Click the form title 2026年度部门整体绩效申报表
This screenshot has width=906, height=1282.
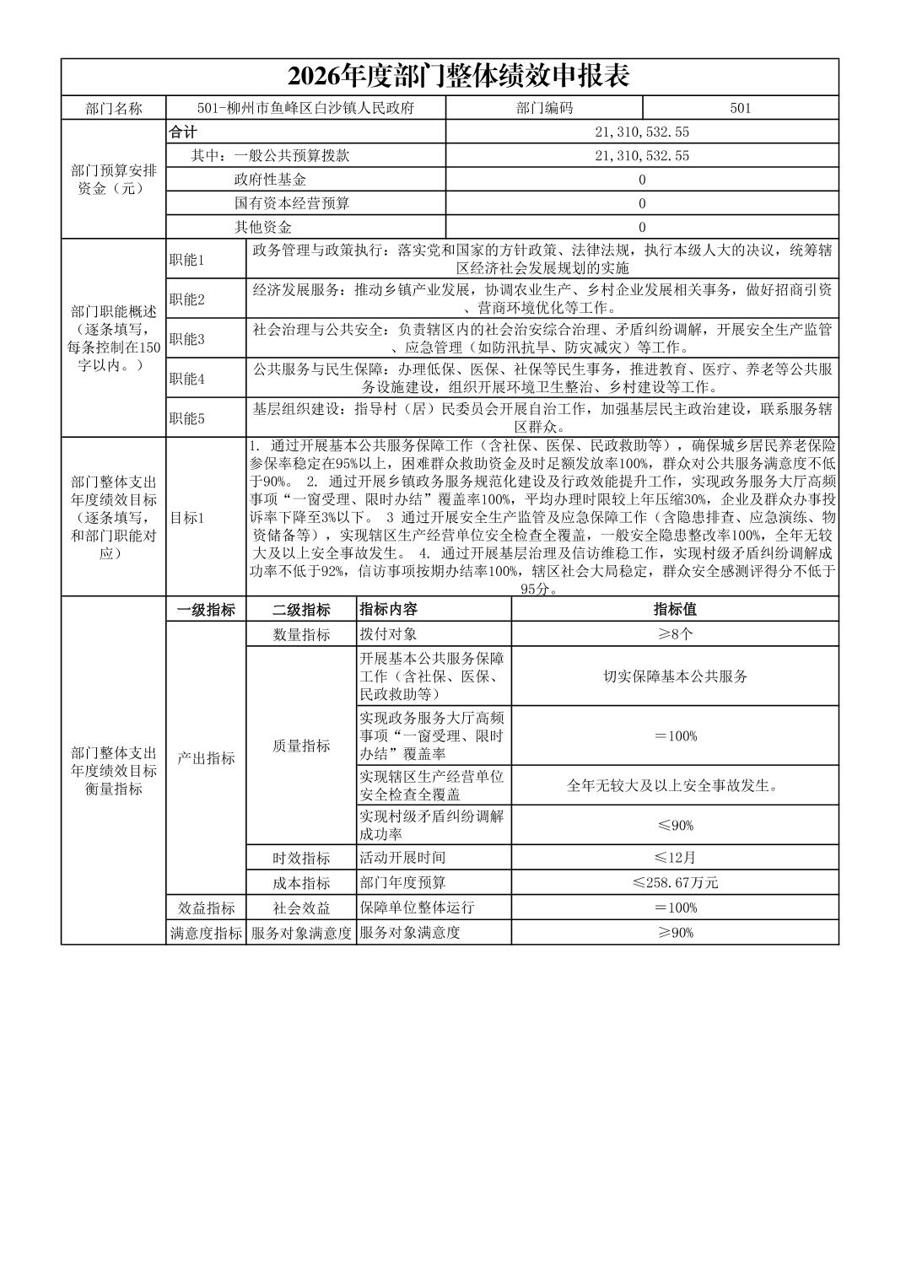pyautogui.click(x=458, y=77)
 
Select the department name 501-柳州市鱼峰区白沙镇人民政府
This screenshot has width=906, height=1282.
pyautogui.click(x=305, y=108)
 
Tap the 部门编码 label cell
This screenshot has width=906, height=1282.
pyautogui.click(x=544, y=108)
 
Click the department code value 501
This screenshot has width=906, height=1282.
pyautogui.click(x=740, y=108)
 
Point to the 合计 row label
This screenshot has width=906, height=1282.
pyautogui.click(x=183, y=132)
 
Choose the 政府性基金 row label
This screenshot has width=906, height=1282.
pyautogui.click(x=270, y=180)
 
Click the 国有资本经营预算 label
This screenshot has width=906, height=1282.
pyautogui.click(x=291, y=203)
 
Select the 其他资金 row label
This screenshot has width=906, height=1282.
pyautogui.click(x=262, y=227)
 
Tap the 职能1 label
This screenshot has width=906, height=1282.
pyautogui.click(x=187, y=260)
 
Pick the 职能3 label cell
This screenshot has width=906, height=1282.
pyautogui.click(x=187, y=339)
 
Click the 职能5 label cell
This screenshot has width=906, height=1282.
pyautogui.click(x=187, y=418)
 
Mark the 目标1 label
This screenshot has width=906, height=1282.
pyautogui.click(x=187, y=518)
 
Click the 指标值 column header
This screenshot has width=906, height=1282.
pyautogui.click(x=675, y=610)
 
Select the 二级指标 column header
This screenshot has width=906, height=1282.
pyautogui.click(x=301, y=610)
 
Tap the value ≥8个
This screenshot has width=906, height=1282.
pyautogui.click(x=675, y=634)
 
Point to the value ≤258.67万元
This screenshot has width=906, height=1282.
pyautogui.click(x=675, y=883)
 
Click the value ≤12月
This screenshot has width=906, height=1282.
pyautogui.click(x=675, y=858)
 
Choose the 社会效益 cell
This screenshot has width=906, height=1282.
pyautogui.click(x=301, y=908)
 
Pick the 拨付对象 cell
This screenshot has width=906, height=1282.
pyautogui.click(x=388, y=634)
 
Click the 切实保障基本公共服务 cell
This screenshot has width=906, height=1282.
pyautogui.click(x=675, y=676)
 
